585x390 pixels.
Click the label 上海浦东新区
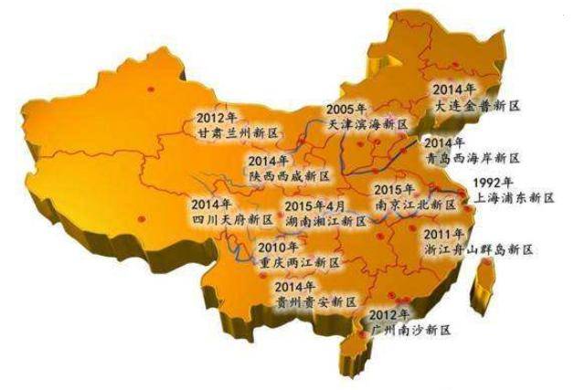pyautogui.click(x=510, y=197)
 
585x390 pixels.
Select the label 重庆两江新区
pyautogui.click(x=298, y=262)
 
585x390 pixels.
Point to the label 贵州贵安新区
pyautogui.click(x=314, y=301)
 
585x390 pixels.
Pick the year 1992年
pyautogui.click(x=493, y=181)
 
